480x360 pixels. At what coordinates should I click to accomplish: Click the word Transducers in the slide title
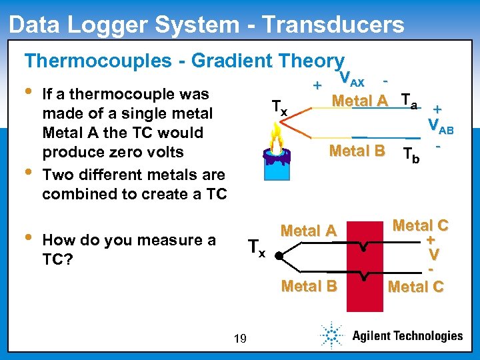(x=333, y=25)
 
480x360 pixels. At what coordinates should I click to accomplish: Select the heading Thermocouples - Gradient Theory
(x=184, y=61)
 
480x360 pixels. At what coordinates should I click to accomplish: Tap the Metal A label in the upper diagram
(x=359, y=101)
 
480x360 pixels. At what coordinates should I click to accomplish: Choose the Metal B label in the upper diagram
(x=357, y=151)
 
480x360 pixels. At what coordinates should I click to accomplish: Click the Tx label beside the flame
(x=279, y=107)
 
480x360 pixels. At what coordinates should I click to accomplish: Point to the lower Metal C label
(x=415, y=287)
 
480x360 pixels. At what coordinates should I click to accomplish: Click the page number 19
(x=240, y=339)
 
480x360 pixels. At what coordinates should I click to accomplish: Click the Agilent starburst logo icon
(x=331, y=335)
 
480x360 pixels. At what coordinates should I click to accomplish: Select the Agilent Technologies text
(x=407, y=336)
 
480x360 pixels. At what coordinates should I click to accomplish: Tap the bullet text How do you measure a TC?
(x=129, y=249)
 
